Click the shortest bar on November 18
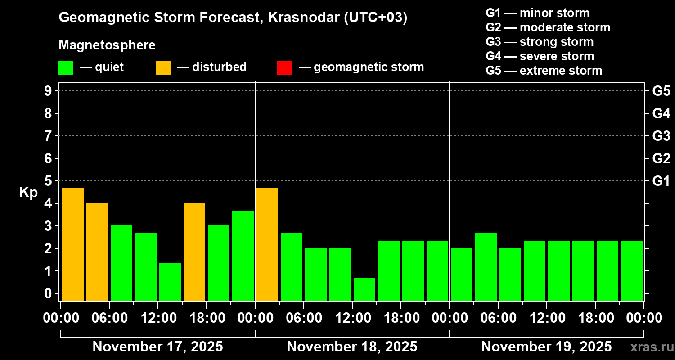(364, 289)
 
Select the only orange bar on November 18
(267, 244)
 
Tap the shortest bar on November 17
(170, 282)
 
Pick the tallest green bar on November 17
(243, 256)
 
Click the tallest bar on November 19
(486, 267)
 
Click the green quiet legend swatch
(66, 68)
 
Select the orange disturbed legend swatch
(163, 68)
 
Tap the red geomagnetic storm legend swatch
(284, 68)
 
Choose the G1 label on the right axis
(661, 181)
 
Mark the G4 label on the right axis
(661, 113)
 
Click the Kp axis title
(28, 193)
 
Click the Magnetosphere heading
(107, 45)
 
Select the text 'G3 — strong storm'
(540, 42)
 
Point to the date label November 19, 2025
(546, 347)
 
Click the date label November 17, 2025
(157, 347)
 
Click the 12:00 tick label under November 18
(352, 318)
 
